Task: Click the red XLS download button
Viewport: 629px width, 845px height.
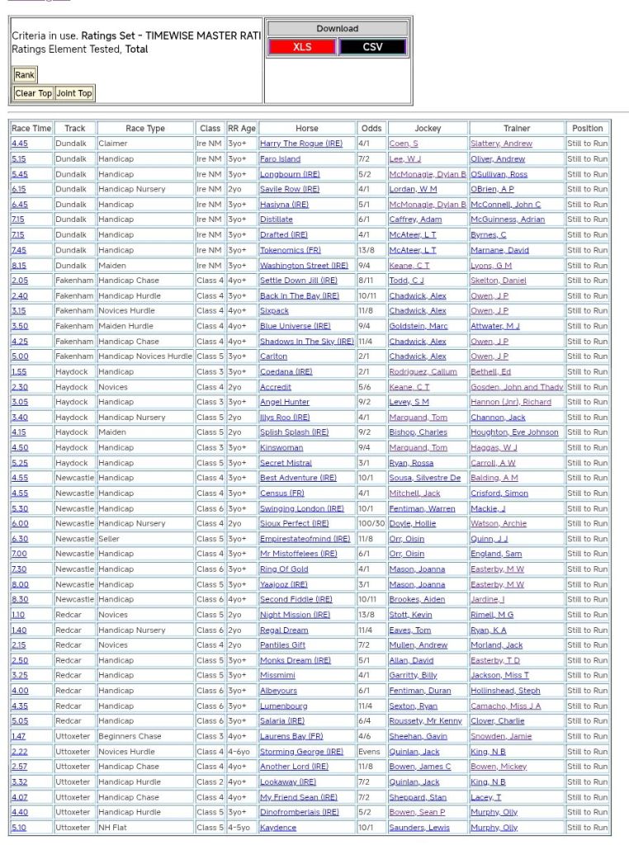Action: pos(302,47)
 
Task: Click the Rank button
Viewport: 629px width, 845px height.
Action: pos(25,75)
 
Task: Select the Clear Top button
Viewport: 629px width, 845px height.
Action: pos(33,93)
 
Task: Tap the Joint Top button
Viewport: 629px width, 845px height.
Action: pos(74,93)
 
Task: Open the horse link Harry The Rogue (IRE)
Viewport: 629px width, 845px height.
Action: pos(300,144)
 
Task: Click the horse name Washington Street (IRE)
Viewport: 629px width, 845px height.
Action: pos(304,266)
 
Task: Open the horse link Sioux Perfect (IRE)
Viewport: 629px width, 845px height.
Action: pos(294,523)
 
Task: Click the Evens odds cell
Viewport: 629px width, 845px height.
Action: pos(369,752)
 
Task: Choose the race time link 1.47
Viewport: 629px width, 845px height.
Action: pos(18,736)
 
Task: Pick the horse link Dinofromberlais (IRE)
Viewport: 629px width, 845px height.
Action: pos(299,812)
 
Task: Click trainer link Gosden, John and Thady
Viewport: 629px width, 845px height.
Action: pos(517,387)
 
